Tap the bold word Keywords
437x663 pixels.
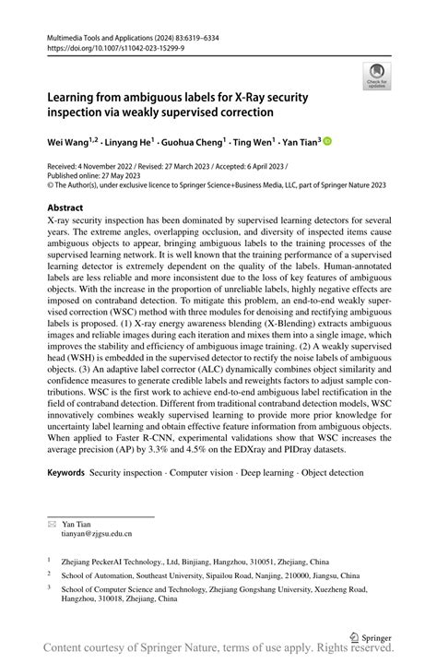(x=66, y=472)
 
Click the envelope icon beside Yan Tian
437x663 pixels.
(x=52, y=522)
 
